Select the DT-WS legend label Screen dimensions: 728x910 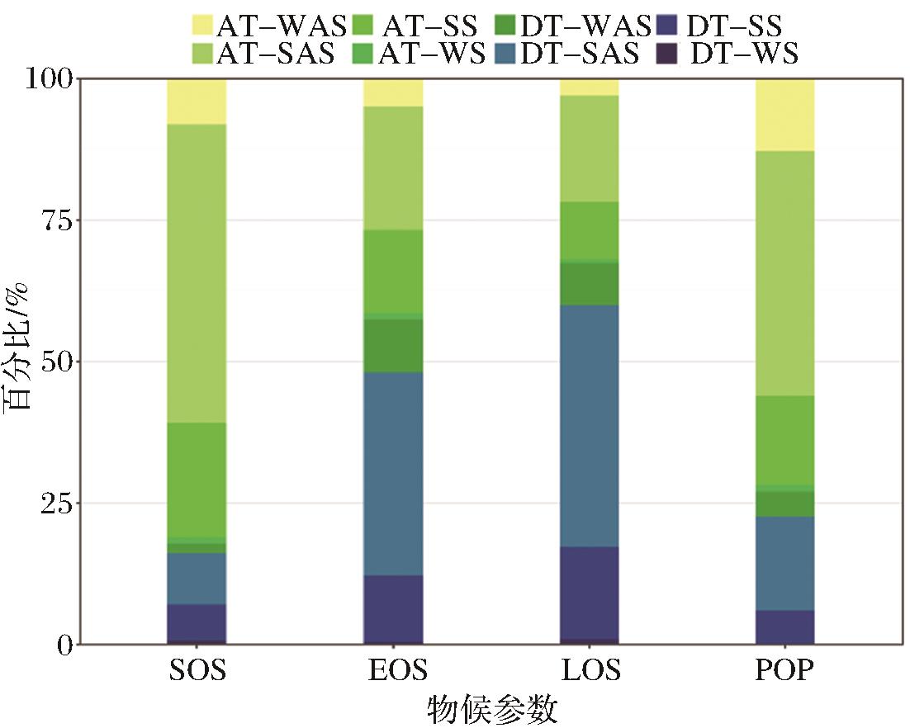(x=744, y=54)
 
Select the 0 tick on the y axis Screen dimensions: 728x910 (x=64, y=645)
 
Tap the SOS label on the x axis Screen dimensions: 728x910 (x=197, y=669)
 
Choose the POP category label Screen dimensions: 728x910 (x=785, y=669)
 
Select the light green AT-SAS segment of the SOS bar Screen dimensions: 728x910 (x=197, y=273)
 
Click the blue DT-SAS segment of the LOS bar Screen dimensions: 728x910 (x=589, y=426)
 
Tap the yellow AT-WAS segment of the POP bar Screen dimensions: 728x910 (x=785, y=116)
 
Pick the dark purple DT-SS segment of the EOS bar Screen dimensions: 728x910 (x=393, y=609)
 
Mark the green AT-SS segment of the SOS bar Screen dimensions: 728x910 (x=197, y=480)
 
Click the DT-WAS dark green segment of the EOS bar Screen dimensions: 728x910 (x=393, y=346)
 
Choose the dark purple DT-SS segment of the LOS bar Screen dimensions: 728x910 (x=589, y=593)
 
